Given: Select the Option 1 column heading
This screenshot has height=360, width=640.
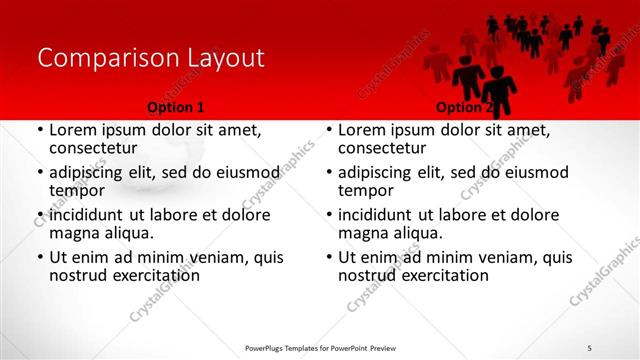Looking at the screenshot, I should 175,107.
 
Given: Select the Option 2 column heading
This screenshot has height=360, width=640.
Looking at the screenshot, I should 464,107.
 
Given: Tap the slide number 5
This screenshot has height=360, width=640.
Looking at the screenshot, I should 590,346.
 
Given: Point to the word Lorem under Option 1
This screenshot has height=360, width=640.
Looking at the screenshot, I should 73,130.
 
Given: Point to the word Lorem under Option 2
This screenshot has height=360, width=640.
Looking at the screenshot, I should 363,130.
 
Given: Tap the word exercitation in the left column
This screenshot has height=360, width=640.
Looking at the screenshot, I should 155,275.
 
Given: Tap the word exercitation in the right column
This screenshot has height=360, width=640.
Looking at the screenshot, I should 445,275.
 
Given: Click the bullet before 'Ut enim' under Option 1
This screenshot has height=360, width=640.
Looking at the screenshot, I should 40,258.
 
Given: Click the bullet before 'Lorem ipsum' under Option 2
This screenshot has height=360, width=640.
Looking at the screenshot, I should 330,131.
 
